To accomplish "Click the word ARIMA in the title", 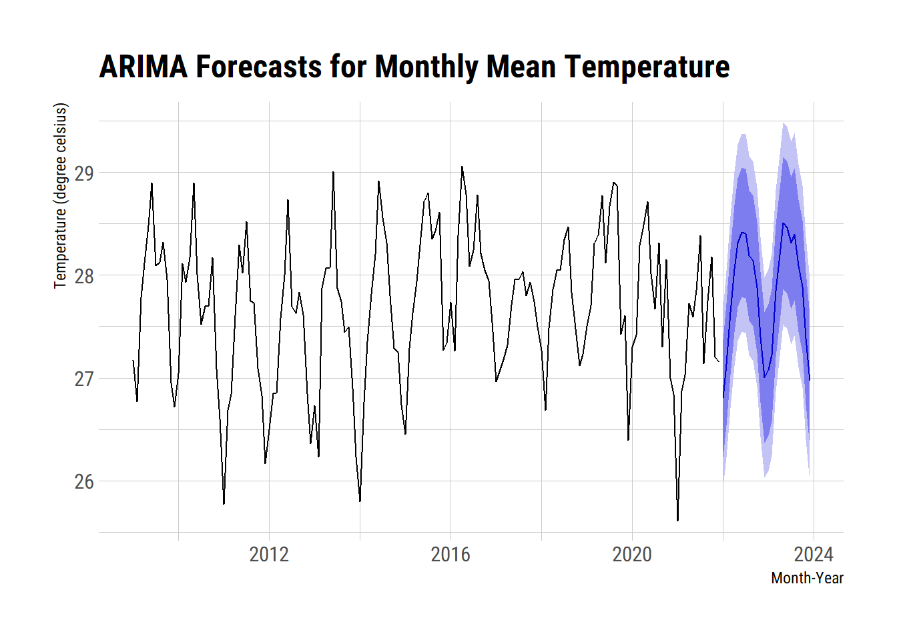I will [x=143, y=67].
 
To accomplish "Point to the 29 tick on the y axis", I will [x=84, y=173].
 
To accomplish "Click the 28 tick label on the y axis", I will [x=84, y=276].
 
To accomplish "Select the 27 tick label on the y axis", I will [x=84, y=379].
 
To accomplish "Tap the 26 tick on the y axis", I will [x=84, y=481].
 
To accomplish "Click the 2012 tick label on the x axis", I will [x=269, y=554].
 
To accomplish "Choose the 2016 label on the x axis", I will [x=451, y=554].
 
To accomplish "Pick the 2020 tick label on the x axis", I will [x=632, y=554].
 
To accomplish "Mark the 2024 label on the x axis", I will [x=814, y=554].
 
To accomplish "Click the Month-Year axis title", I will [x=807, y=578].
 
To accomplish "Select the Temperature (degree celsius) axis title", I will [x=61, y=196].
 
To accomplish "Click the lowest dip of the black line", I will [x=677, y=521].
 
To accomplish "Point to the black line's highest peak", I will [x=462, y=167].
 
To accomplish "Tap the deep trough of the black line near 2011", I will [x=224, y=504].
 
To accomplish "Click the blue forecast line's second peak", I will [x=784, y=223].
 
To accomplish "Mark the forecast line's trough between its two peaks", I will [x=764, y=378].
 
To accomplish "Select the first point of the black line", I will [x=133, y=361].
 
